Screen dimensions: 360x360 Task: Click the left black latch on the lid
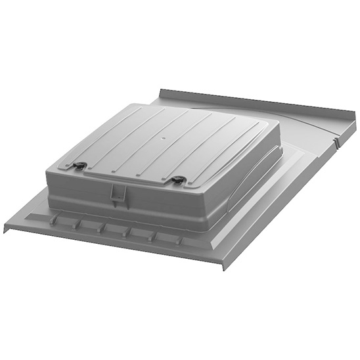click(x=80, y=166)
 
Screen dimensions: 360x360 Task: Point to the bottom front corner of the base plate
click(x=223, y=267)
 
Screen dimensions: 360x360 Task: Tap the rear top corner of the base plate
click(x=160, y=91)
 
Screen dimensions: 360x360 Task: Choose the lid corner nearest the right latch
click(x=197, y=187)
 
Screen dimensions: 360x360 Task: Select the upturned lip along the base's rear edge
click(x=256, y=104)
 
